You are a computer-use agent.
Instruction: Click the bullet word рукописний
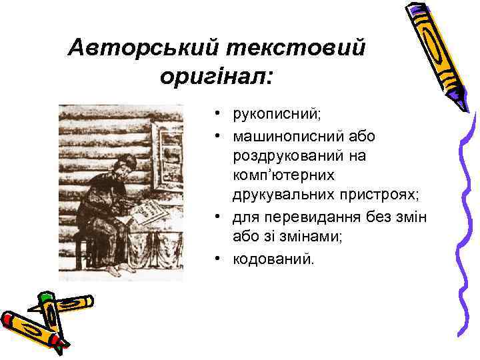(x=277, y=115)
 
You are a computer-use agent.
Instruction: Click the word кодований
(x=271, y=258)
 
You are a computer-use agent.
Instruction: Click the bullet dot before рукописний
(x=218, y=115)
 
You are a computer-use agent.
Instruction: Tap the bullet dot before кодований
(x=218, y=258)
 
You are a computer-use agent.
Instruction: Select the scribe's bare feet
(x=120, y=269)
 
